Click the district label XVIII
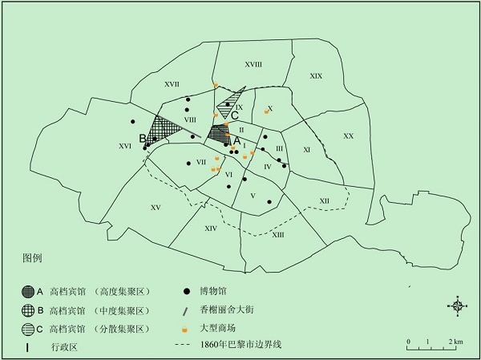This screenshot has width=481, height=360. [253, 65]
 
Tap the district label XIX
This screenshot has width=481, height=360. [316, 76]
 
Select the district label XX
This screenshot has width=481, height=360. [348, 136]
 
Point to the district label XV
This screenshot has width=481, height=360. [156, 208]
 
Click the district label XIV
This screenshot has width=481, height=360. [211, 229]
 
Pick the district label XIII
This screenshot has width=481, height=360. [278, 234]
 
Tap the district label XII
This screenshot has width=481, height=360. [324, 200]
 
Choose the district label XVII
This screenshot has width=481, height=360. [171, 83]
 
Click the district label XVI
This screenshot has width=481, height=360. [124, 147]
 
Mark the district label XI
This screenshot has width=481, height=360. [306, 150]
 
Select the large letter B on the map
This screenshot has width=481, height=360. [142, 138]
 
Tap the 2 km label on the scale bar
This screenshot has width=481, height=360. [457, 342]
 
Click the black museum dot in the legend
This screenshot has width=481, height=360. [186, 291]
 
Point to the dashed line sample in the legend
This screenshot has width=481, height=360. [186, 346]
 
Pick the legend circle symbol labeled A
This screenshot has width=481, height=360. [29, 291]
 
